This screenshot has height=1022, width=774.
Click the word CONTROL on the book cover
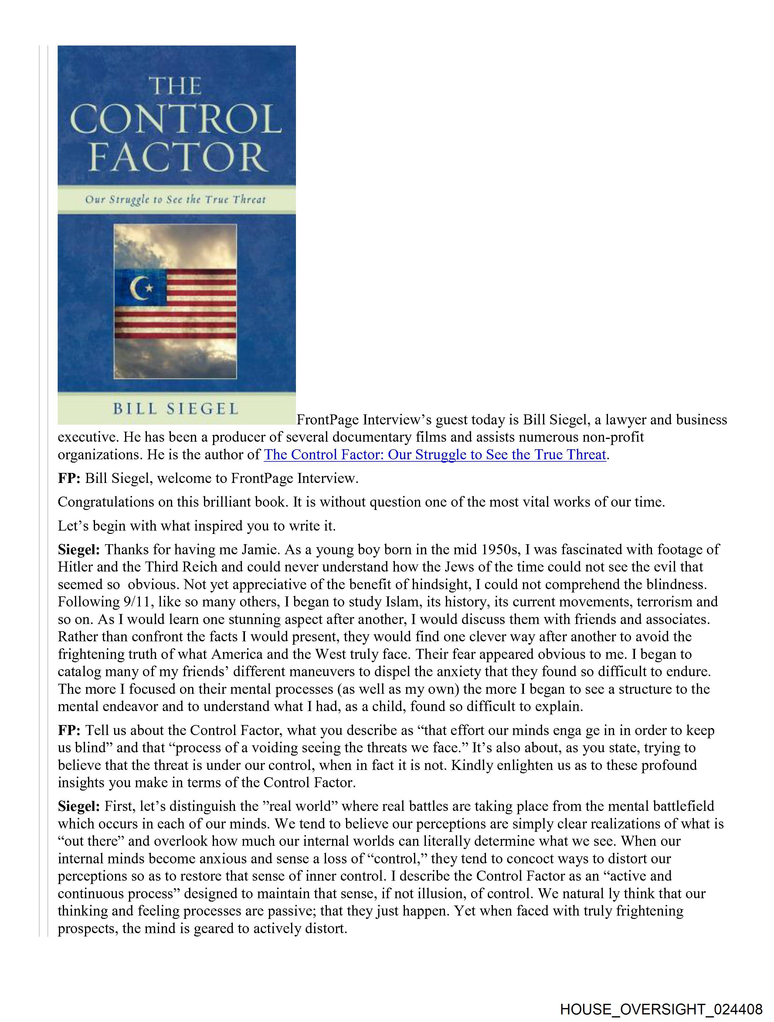(x=176, y=119)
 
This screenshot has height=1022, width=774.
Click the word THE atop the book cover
(x=175, y=86)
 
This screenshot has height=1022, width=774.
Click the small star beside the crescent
(x=149, y=288)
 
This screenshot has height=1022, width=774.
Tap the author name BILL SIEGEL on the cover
(x=176, y=409)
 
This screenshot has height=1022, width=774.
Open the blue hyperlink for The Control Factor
(x=435, y=455)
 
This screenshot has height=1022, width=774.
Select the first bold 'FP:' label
(x=69, y=478)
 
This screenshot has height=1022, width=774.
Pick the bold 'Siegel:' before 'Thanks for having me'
(x=79, y=550)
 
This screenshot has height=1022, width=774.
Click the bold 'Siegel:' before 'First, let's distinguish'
(x=79, y=806)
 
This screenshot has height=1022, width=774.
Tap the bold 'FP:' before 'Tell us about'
(x=69, y=730)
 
